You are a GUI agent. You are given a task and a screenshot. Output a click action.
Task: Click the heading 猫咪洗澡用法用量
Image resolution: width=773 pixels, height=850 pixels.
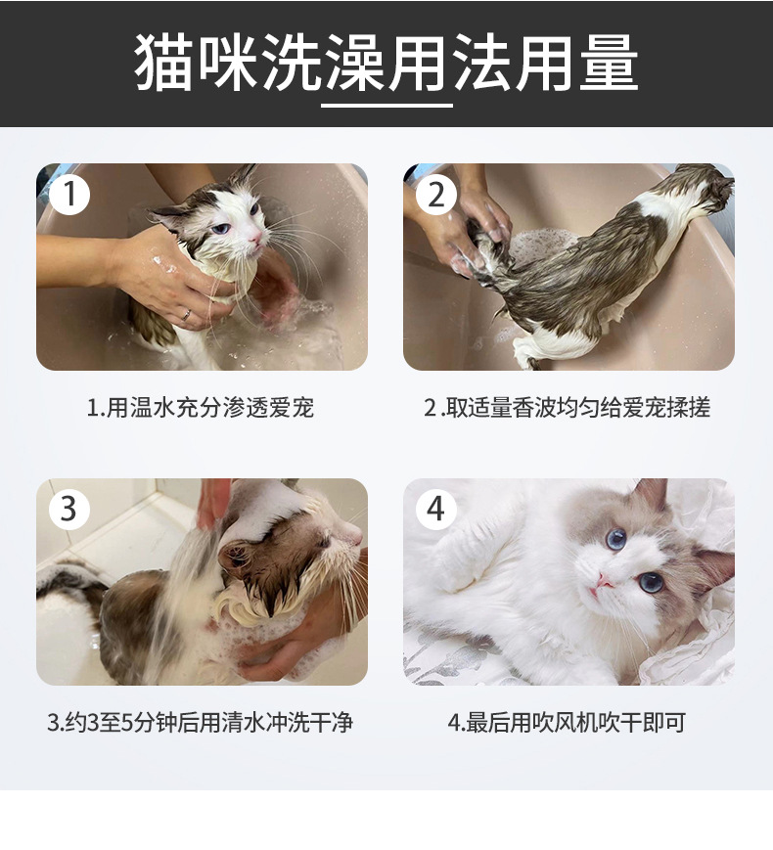point(386,63)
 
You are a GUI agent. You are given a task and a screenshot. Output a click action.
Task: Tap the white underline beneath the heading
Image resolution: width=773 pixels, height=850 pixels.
point(386,106)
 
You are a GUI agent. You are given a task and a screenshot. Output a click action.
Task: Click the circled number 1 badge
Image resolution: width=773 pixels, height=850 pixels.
point(69,194)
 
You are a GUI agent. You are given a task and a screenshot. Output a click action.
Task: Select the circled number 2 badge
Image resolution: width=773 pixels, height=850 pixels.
point(436,194)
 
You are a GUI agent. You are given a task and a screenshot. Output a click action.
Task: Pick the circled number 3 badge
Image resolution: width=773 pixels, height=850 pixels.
point(69,509)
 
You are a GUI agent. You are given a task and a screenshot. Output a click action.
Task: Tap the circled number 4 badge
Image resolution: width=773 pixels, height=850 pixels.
point(436,509)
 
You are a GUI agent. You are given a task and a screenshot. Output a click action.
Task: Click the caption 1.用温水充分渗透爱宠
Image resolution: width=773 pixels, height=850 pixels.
point(201,408)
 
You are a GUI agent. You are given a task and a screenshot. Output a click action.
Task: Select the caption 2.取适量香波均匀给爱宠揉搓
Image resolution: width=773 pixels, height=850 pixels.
point(568,408)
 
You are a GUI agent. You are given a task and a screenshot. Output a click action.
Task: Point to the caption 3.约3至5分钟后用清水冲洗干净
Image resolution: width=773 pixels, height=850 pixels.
point(201,723)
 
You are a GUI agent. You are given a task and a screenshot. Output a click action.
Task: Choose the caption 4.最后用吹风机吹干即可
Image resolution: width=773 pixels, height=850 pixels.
point(567,723)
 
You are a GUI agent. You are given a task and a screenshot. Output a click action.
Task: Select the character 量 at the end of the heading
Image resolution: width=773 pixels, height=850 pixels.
point(610,63)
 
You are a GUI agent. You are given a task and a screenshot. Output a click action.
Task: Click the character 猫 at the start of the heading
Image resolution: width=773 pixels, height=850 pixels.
point(163,63)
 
